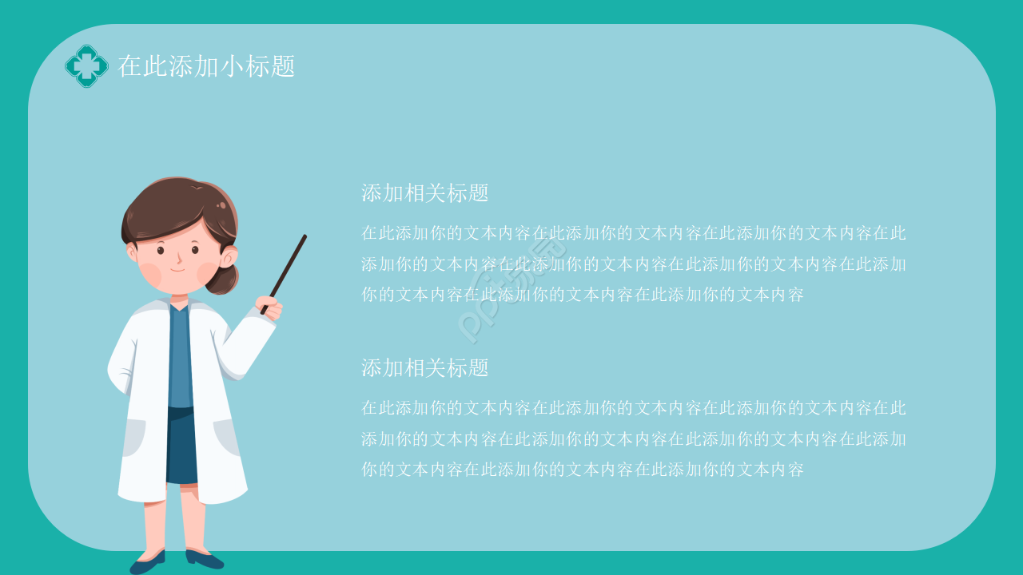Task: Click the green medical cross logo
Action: [x=86, y=66]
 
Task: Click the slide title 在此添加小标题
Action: [x=206, y=66]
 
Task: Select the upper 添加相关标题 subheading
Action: [x=424, y=193]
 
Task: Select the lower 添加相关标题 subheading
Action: [x=424, y=368]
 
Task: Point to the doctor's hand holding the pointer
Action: [x=270, y=307]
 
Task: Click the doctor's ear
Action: [x=229, y=256]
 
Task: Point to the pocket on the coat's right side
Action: [x=226, y=437]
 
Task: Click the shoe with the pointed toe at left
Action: [x=148, y=561]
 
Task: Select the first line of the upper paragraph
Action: [x=633, y=234]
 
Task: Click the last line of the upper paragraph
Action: [x=582, y=295]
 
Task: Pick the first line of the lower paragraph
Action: [x=633, y=408]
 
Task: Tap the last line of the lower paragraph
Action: [x=582, y=470]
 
